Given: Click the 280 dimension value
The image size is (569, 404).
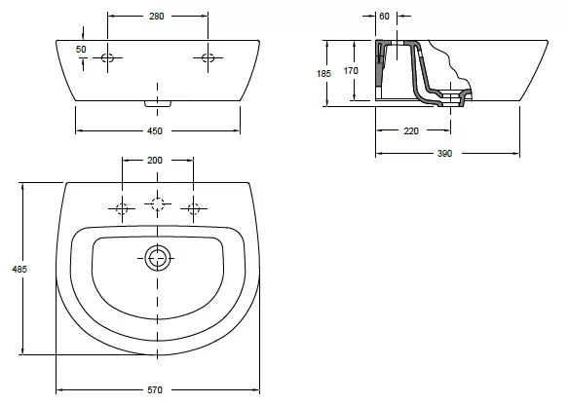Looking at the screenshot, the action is pos(157,16).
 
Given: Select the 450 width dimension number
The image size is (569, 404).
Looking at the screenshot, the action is pos(155,130).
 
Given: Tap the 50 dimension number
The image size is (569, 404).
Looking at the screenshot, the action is pos(81,50).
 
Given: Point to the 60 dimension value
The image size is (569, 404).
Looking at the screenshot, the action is pos(384,16).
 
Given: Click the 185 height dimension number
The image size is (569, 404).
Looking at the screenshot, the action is pos(323,74).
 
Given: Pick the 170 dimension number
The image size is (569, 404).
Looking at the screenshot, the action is pos(351,71).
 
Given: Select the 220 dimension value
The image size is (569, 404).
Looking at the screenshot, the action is pos(411,130).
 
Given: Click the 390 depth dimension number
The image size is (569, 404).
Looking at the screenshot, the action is pos(444,154).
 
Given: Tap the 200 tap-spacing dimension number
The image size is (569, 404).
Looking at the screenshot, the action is pos(155,160).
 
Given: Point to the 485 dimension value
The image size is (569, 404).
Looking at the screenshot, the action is pos(19,269).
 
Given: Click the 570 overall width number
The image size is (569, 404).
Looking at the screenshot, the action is pos(155,390).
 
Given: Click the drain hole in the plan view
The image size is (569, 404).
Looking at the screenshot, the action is pos(158,258).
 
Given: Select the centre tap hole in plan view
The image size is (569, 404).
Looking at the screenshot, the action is pos(158,203).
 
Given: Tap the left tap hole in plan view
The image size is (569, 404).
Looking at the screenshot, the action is pos(122,209).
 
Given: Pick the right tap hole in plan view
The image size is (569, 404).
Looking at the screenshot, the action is pos(194,209).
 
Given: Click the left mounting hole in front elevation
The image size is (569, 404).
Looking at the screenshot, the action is pos(107,57).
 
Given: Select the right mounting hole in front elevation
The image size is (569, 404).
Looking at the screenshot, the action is pos(208,57).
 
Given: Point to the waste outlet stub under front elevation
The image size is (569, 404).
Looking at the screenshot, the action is pos(158,104).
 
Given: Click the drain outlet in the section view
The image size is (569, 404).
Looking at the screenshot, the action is pos(451,98).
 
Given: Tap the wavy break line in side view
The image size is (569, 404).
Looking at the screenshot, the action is pos(451,65).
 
